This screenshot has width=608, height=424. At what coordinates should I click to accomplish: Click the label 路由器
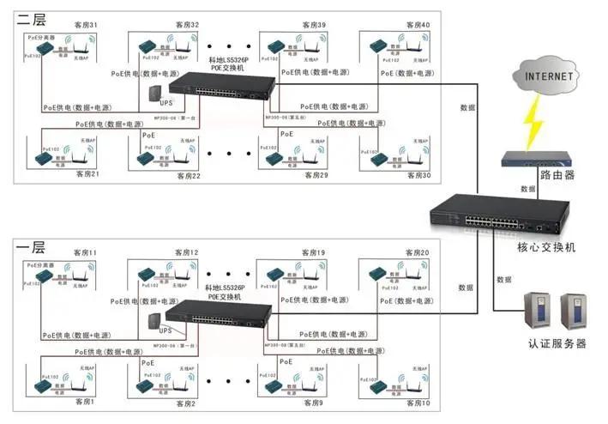[x=557, y=175]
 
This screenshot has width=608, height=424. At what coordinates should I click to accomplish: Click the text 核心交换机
[x=546, y=246]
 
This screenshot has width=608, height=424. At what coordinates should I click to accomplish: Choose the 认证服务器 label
[x=557, y=343]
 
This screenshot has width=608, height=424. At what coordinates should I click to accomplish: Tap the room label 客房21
[x=87, y=174]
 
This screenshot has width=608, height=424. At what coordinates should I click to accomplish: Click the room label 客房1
[x=83, y=403]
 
